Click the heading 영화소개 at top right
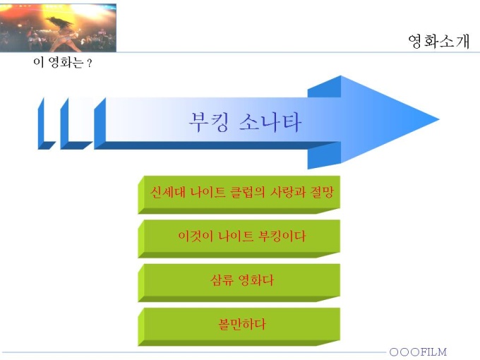pos(438,42)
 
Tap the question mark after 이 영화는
pos(89,64)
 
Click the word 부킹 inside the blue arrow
pos(208,122)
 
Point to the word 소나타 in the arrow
pos(270,122)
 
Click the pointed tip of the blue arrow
pos(438,120)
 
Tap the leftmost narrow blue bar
pos(45,124)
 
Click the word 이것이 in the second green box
pos(196,236)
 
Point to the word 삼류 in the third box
pos(222,280)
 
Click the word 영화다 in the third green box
pos(256,280)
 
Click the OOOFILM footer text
pos(418,352)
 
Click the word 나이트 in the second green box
pos(235,236)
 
